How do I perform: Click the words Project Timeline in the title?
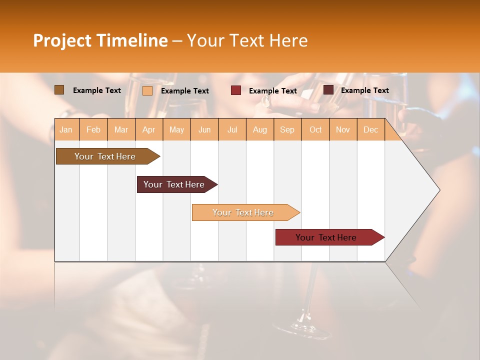(100, 40)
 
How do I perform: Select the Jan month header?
(66, 129)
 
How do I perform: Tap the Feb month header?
(93, 129)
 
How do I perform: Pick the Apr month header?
(148, 129)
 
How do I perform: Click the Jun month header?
(204, 129)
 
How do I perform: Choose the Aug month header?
(259, 129)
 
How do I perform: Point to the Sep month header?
(287, 129)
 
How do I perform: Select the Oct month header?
(315, 129)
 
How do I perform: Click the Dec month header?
(370, 129)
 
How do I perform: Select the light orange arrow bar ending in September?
(244, 212)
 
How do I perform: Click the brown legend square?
(59, 90)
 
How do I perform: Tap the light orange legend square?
(147, 90)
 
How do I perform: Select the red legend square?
(236, 90)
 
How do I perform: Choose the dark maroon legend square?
(328, 90)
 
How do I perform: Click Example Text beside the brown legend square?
(97, 90)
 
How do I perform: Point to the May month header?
(176, 129)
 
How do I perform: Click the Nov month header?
(343, 129)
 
